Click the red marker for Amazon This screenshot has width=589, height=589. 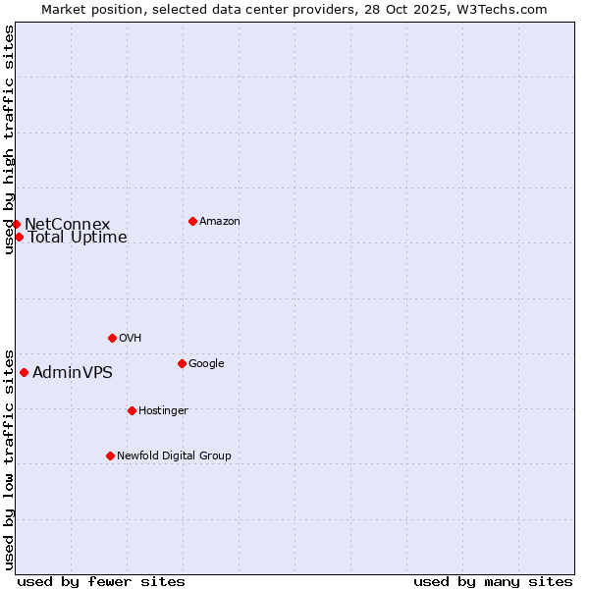(192, 221)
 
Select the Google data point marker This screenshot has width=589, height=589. (182, 363)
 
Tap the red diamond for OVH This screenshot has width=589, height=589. (112, 338)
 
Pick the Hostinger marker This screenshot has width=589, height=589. (132, 410)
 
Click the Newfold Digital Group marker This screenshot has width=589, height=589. (110, 455)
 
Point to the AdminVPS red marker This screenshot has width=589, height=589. (24, 372)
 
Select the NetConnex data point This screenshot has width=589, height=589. (16, 224)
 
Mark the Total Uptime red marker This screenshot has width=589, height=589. (19, 237)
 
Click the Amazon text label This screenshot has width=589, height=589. (220, 221)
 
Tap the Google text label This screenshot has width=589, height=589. (206, 363)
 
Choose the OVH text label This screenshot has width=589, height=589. (131, 338)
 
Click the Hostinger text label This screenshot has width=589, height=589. (163, 410)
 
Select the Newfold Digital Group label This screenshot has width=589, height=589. (174, 455)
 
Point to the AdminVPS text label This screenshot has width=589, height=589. (73, 372)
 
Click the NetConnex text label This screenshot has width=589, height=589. (67, 224)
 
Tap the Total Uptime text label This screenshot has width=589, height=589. (78, 237)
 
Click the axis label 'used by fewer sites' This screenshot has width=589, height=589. (101, 581)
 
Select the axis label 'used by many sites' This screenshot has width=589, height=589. (493, 581)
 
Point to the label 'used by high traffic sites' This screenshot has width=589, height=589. (9, 139)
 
